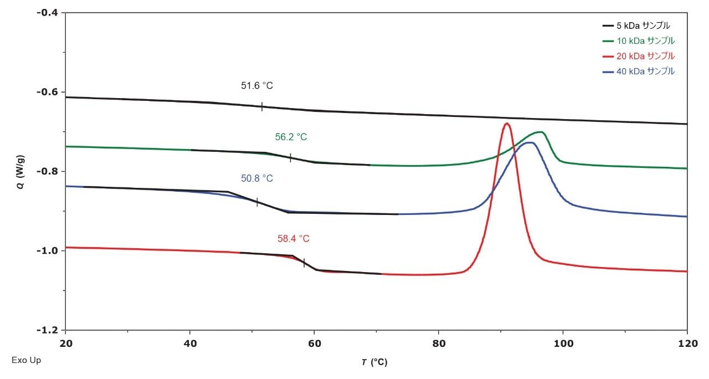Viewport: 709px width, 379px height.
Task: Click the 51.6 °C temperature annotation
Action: (256, 86)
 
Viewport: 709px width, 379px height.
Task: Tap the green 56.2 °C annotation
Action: (291, 137)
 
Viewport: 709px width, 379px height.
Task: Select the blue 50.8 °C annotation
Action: (256, 178)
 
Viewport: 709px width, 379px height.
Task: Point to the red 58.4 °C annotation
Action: (293, 239)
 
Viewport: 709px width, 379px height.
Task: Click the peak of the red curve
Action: (506, 124)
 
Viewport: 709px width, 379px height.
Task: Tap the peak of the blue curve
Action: (530, 143)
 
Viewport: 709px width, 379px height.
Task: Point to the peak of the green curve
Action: (540, 132)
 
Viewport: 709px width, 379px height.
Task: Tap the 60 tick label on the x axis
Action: (314, 343)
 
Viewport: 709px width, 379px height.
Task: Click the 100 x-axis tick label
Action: (563, 343)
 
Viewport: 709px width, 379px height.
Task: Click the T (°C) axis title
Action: (375, 362)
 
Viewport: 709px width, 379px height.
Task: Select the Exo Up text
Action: (26, 360)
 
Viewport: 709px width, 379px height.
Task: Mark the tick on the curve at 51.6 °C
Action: (261, 106)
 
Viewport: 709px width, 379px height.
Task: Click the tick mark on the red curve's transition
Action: (304, 263)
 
